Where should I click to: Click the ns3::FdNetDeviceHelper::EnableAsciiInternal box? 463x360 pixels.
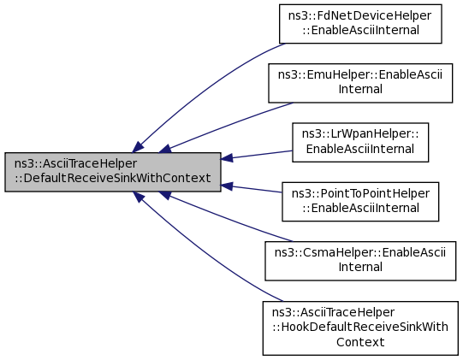(360, 24)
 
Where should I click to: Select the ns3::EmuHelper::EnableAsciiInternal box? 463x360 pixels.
(360, 83)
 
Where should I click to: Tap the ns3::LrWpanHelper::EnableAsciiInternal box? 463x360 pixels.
(360, 142)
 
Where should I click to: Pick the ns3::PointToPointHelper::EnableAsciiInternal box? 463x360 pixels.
(360, 202)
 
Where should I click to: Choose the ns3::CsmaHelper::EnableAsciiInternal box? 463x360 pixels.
(360, 261)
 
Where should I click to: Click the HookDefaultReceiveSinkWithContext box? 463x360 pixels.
(360, 328)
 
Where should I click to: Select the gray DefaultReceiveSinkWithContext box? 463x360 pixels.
(113, 172)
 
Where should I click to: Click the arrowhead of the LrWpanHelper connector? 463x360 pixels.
(227, 158)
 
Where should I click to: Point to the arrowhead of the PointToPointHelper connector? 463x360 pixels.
(227, 186)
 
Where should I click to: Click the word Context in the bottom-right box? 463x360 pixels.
(360, 342)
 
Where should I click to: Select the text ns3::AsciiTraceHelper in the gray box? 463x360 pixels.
(75, 163)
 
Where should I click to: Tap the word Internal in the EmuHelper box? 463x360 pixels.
(360, 89)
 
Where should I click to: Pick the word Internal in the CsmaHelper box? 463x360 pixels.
(360, 267)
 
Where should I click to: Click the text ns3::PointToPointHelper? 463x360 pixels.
(360, 193)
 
